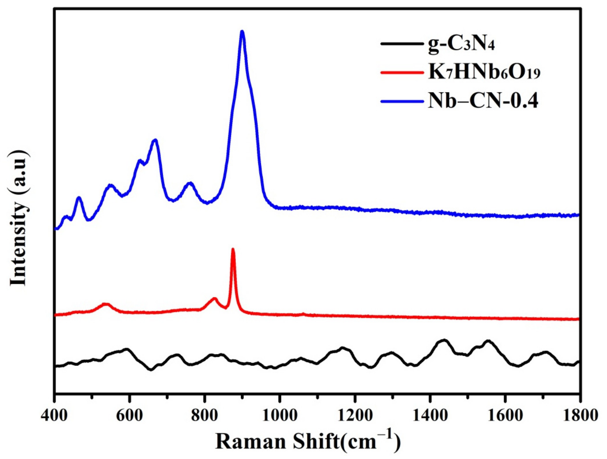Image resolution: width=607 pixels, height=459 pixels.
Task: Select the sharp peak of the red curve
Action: click(x=233, y=250)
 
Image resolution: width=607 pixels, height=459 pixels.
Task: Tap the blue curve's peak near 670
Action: click(x=155, y=140)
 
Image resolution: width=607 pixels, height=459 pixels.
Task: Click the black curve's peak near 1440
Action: click(x=444, y=340)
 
